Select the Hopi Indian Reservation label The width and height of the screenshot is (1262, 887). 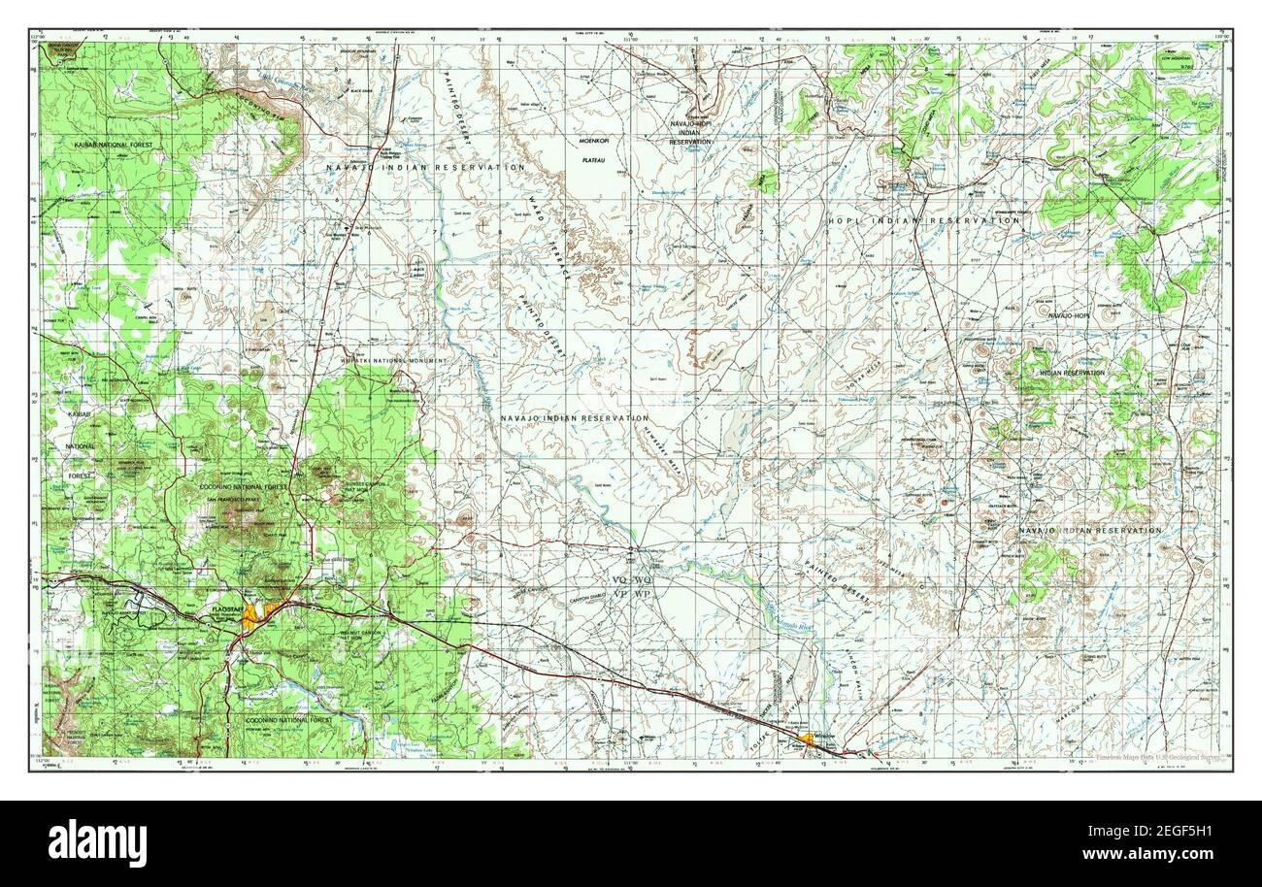coord(923,221)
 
